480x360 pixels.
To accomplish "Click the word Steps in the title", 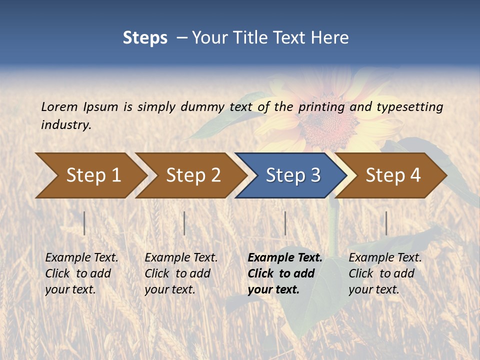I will [145, 37].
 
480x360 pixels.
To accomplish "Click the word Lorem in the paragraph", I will [59, 106].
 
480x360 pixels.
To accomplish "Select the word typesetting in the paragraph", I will [409, 106].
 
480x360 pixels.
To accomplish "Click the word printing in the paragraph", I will [321, 106].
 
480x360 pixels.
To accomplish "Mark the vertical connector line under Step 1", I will [84, 223].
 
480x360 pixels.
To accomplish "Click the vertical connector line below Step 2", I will [184, 223].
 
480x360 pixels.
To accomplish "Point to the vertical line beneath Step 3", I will [285, 223].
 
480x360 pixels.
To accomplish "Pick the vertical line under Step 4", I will [386, 223].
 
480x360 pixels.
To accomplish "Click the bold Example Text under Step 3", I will [285, 257].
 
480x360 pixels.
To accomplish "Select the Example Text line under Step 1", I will [81, 257].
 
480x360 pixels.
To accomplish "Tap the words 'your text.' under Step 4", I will [373, 289].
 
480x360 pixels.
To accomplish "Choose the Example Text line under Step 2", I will [181, 257].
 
